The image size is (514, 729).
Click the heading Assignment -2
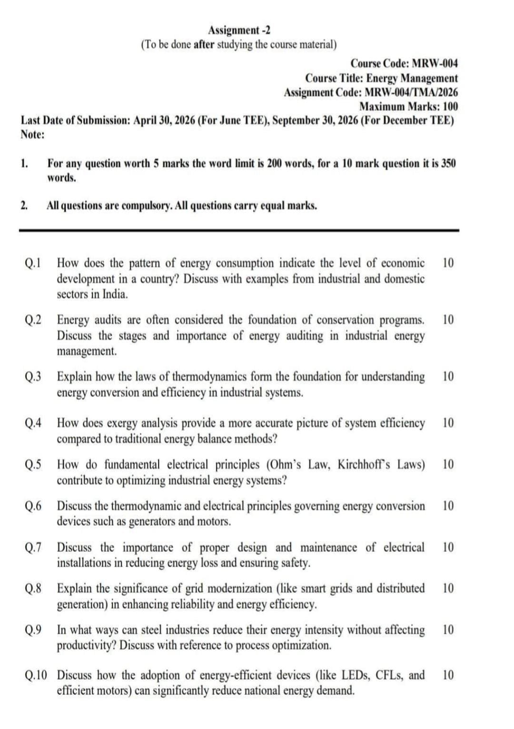(x=239, y=30)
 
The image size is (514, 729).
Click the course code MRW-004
(x=435, y=63)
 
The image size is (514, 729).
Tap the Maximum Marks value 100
(x=450, y=106)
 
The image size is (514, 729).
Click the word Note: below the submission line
(x=33, y=135)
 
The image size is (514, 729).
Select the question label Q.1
(x=33, y=263)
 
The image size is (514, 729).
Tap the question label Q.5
(x=33, y=464)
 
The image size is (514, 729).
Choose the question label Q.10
(x=36, y=675)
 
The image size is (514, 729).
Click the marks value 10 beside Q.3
(x=448, y=377)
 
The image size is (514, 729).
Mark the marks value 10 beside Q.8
(x=448, y=589)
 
